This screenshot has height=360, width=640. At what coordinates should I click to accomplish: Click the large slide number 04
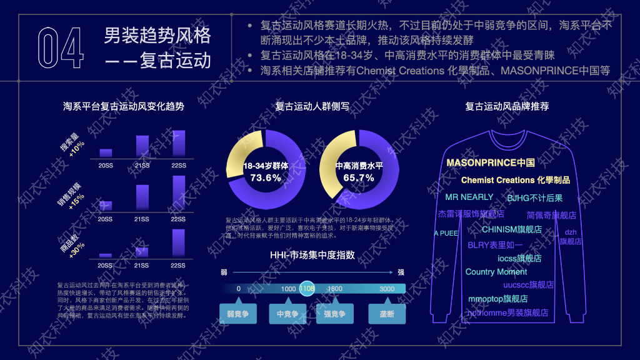tap(60, 47)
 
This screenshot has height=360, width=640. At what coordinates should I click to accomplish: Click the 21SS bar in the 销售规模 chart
tap(142, 197)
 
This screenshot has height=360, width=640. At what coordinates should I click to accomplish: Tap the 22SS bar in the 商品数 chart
tap(179, 242)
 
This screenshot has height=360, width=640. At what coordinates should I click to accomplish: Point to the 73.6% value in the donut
tap(266, 177)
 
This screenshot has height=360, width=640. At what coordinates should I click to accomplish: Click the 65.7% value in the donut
tap(359, 177)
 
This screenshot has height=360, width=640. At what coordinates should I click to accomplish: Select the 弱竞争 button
tap(237, 314)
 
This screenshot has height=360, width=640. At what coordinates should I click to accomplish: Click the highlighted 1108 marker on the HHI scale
tap(307, 289)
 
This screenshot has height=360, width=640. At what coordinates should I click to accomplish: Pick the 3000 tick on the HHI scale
tap(387, 289)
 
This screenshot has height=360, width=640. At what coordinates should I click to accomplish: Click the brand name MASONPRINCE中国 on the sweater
tap(491, 162)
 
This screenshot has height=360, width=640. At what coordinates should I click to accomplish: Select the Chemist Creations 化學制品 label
tap(516, 180)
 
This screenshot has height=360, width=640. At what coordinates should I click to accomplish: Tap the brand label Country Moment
tap(496, 272)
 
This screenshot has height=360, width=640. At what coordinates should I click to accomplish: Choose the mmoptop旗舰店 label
tap(498, 299)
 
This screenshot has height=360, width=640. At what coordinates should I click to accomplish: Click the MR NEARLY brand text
tap(469, 197)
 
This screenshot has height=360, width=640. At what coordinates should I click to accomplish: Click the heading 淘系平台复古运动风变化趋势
tap(124, 106)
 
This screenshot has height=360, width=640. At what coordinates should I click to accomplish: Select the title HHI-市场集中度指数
tap(312, 255)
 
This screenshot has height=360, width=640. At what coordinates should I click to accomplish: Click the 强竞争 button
tap(334, 314)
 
